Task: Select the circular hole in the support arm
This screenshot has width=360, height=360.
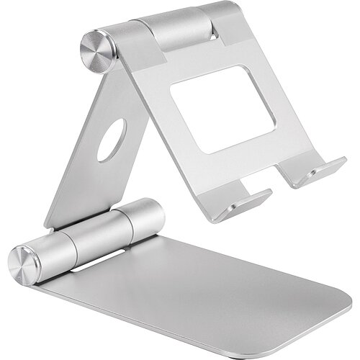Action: pyautogui.click(x=112, y=140)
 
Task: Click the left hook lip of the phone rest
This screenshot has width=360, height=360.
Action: pyautogui.click(x=242, y=206)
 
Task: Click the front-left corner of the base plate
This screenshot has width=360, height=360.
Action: pyautogui.click(x=43, y=288)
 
